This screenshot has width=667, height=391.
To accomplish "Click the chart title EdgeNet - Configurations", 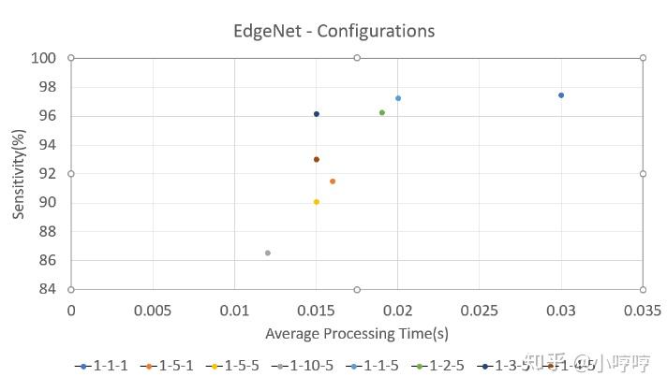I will [333, 31].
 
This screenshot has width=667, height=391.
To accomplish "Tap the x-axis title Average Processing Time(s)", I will [356, 333].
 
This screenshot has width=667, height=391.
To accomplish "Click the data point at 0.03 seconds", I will [561, 95].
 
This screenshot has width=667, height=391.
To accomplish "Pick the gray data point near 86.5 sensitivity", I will [268, 253].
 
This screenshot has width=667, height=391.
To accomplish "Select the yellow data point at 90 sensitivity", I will [317, 202].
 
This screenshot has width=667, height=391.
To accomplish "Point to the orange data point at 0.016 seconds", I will [333, 181].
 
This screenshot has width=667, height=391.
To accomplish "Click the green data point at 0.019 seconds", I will [381, 113].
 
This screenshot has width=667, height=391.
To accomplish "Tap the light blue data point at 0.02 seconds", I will [398, 98].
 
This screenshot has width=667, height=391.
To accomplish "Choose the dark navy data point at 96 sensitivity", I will [317, 114].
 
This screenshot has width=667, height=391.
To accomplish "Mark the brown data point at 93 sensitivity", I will [317, 160].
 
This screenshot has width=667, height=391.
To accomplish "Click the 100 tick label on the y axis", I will [46, 58].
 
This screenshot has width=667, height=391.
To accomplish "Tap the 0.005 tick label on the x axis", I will [152, 310].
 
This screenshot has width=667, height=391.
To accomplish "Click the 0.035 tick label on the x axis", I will [643, 310].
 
